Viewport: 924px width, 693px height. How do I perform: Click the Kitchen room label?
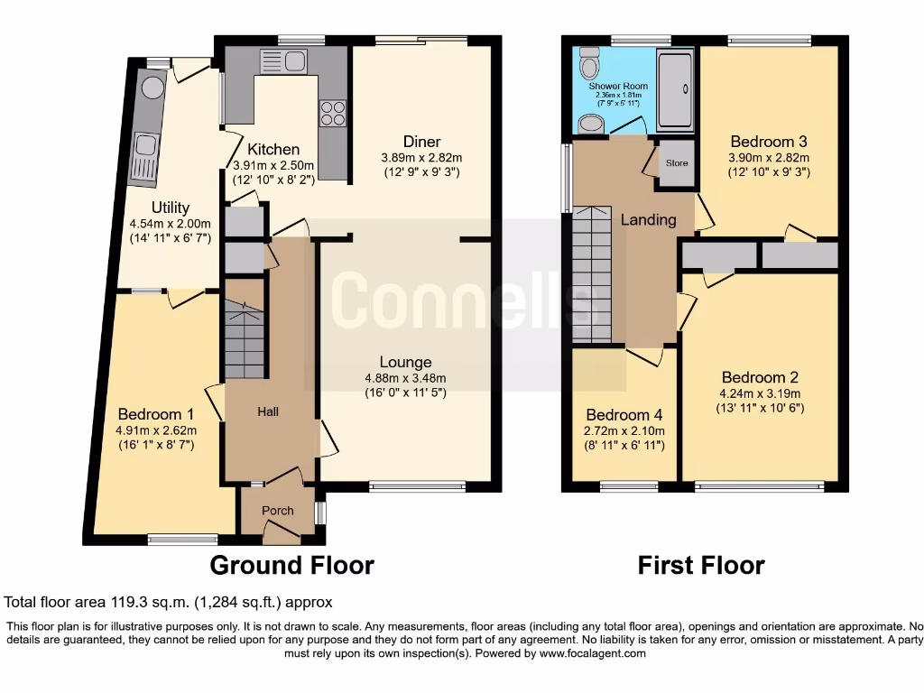pos(273,150)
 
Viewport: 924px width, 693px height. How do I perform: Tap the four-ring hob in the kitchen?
pos(332,112)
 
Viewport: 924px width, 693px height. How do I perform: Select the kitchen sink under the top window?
pos(283,61)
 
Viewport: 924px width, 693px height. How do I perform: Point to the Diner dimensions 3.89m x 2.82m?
pos(421,157)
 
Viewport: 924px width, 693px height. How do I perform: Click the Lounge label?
pos(405,363)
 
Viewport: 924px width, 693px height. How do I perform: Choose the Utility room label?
pos(170,208)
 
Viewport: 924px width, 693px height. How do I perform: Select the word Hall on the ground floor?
pos(268,411)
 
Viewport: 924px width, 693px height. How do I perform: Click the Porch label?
pos(277,511)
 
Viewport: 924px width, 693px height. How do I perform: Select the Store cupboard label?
pos(676,164)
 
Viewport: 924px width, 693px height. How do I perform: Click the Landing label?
pos(648,219)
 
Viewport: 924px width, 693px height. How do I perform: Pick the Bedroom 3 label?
pos(768,142)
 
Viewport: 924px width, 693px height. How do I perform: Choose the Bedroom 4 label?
pos(624,415)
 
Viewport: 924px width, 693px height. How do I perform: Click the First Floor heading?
pos(700,566)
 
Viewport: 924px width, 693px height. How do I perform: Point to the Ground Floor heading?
pos(291,566)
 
